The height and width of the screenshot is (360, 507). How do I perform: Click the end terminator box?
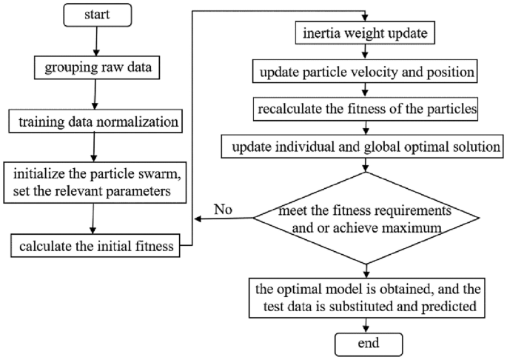(369, 344)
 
